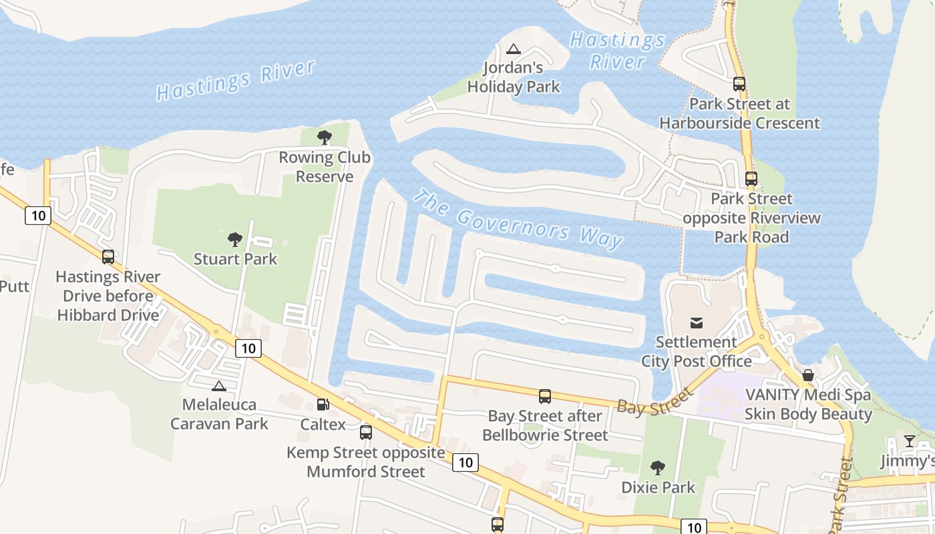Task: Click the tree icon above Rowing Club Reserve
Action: pos(325,138)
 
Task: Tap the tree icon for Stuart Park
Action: pos(234,240)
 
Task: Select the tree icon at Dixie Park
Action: pos(658,468)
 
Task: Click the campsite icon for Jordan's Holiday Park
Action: pos(513,49)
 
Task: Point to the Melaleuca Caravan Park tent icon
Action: pos(218,386)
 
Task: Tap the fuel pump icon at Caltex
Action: pos(323,405)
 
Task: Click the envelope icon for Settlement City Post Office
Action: pos(697,323)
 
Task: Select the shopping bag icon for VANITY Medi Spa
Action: pos(808,375)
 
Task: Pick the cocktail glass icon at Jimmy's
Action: pos(909,441)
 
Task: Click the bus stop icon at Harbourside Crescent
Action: pos(739,84)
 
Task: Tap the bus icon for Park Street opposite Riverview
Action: pos(751,179)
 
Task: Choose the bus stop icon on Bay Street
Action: pos(545,396)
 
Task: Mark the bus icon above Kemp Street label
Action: pos(366,433)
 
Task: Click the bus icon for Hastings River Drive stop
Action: pos(108,257)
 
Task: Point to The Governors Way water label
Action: pos(518,220)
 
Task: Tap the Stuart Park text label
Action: pos(235,259)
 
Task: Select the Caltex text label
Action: pos(323,425)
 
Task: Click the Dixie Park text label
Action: pos(659,487)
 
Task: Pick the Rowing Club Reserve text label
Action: pos(325,168)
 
